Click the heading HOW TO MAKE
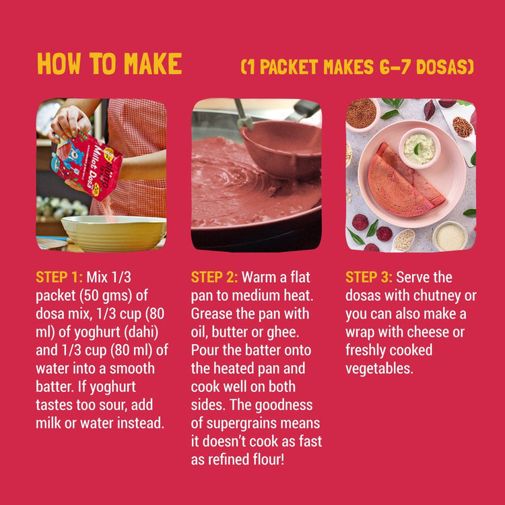point(109,64)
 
